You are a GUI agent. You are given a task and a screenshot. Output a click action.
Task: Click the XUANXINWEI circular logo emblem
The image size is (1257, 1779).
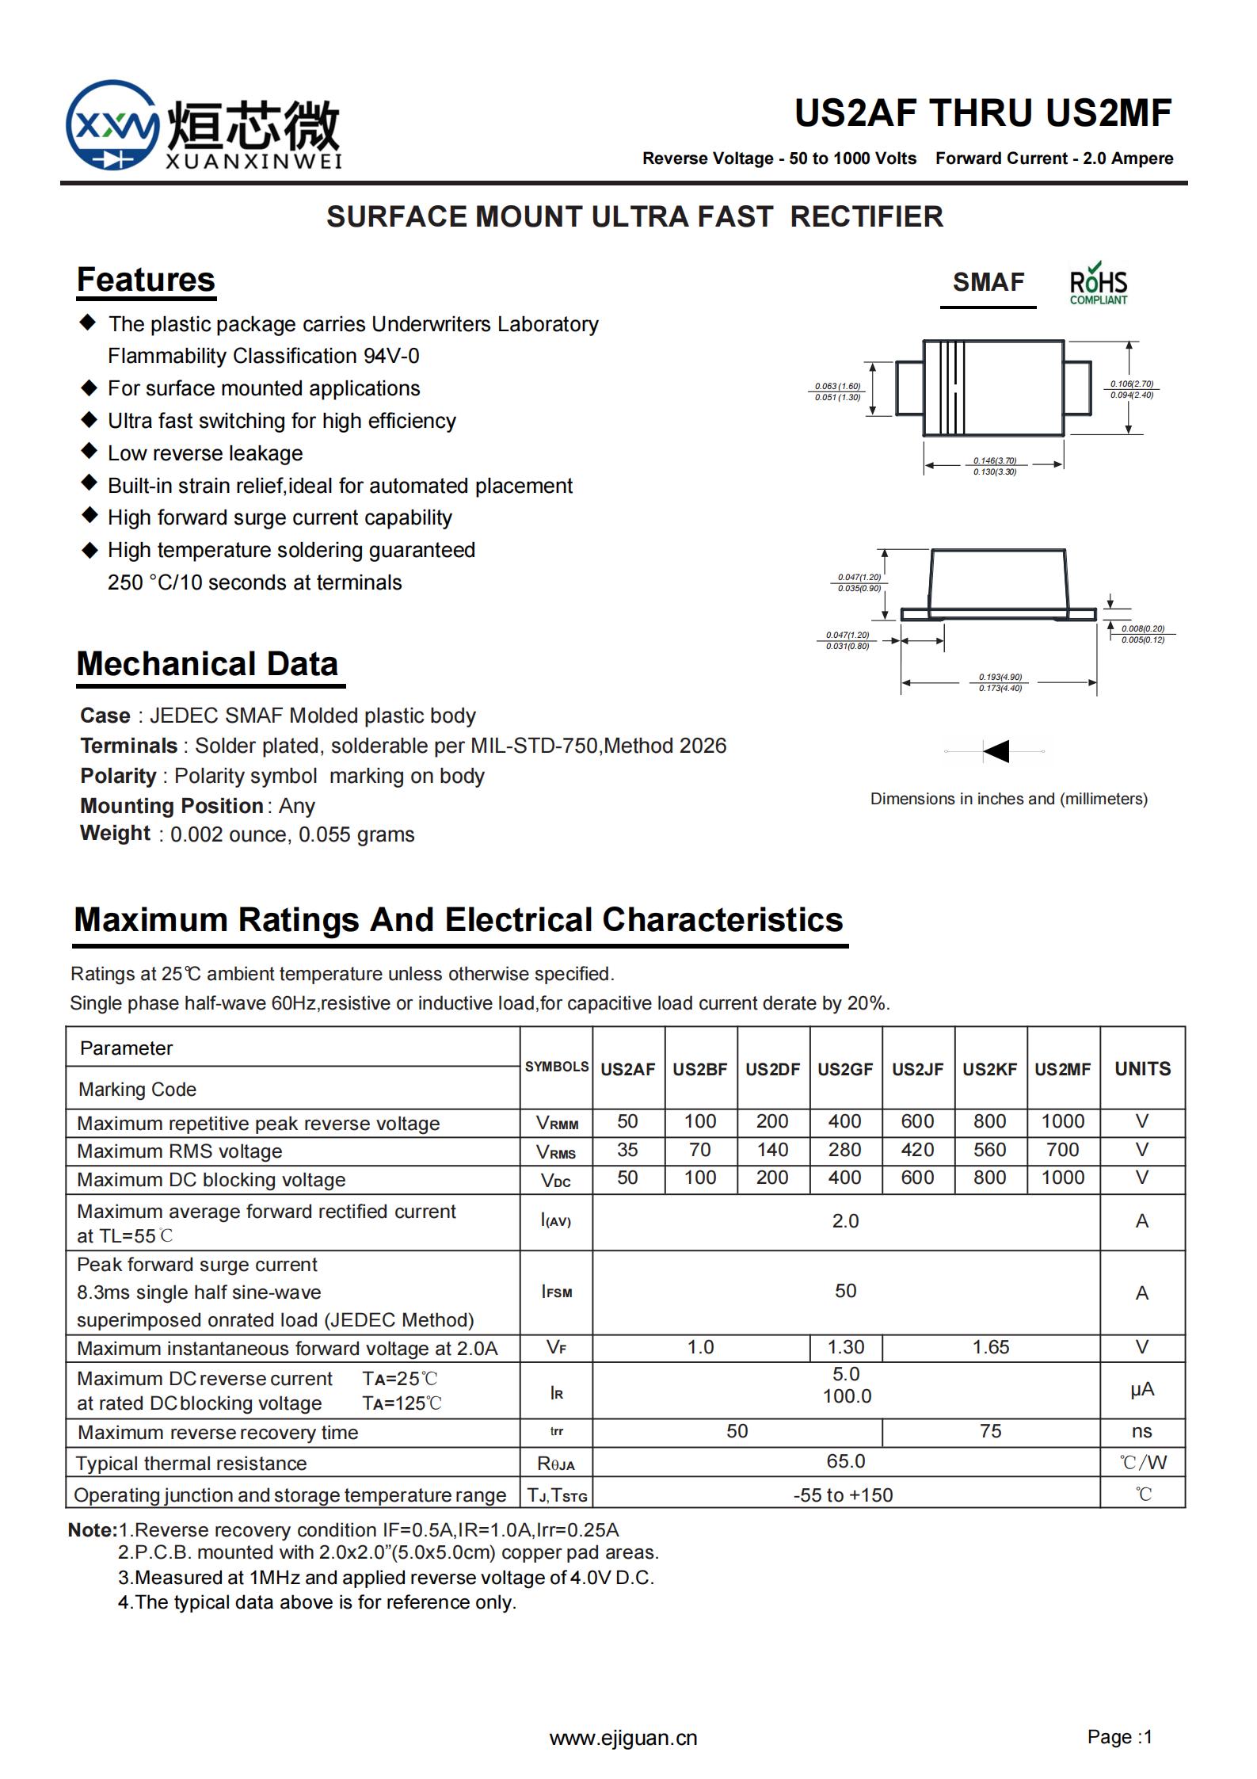[112, 125]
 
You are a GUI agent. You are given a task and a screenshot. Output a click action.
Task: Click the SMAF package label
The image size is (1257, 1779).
[988, 282]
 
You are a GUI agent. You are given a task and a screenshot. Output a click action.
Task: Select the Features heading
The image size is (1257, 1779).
[146, 280]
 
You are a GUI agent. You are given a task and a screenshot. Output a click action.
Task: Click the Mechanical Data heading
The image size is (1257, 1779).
[208, 664]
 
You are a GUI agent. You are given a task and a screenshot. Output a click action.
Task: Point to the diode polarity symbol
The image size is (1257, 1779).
[996, 750]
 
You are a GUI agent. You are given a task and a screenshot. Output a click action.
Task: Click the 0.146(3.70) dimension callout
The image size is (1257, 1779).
[995, 460]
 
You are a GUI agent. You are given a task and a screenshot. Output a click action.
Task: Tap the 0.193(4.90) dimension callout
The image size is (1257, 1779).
[1000, 678]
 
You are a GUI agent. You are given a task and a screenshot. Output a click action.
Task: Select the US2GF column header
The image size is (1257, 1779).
[845, 1069]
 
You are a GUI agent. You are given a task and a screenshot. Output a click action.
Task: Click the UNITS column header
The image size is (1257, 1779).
[1142, 1069]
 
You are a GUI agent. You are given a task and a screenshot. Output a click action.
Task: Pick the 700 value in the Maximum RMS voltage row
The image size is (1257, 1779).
[1062, 1150]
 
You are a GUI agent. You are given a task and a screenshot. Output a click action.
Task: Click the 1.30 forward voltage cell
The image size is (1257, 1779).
[845, 1347]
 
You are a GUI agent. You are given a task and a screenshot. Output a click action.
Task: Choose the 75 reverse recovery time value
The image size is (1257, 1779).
[990, 1431]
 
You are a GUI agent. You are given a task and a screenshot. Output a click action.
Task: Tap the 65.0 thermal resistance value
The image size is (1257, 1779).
[845, 1461]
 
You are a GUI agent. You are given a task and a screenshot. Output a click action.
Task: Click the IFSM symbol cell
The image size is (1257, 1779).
[556, 1292]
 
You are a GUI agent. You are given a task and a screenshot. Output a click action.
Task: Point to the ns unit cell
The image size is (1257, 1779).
[1141, 1431]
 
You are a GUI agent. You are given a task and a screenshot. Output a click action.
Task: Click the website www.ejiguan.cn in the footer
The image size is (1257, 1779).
[623, 1739]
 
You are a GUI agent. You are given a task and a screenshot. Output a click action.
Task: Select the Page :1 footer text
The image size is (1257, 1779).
[1119, 1737]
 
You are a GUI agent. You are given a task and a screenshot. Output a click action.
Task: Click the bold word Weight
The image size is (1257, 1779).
[115, 833]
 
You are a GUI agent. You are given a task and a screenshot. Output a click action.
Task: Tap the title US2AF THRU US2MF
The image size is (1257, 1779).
[983, 113]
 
